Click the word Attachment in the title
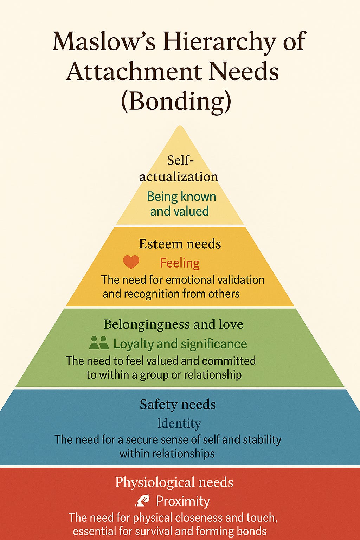tap(134, 71)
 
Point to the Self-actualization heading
tap(179, 168)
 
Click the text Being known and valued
tap(181, 204)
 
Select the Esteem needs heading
tap(180, 244)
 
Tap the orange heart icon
tap(131, 262)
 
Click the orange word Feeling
tap(180, 263)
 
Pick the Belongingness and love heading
tap(173, 324)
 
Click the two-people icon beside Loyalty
tap(99, 343)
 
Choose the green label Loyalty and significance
tap(180, 344)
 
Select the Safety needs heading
tap(178, 404)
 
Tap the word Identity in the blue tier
tap(179, 423)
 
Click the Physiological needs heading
tap(174, 482)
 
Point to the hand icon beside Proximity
tap(142, 501)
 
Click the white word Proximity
tap(183, 501)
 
